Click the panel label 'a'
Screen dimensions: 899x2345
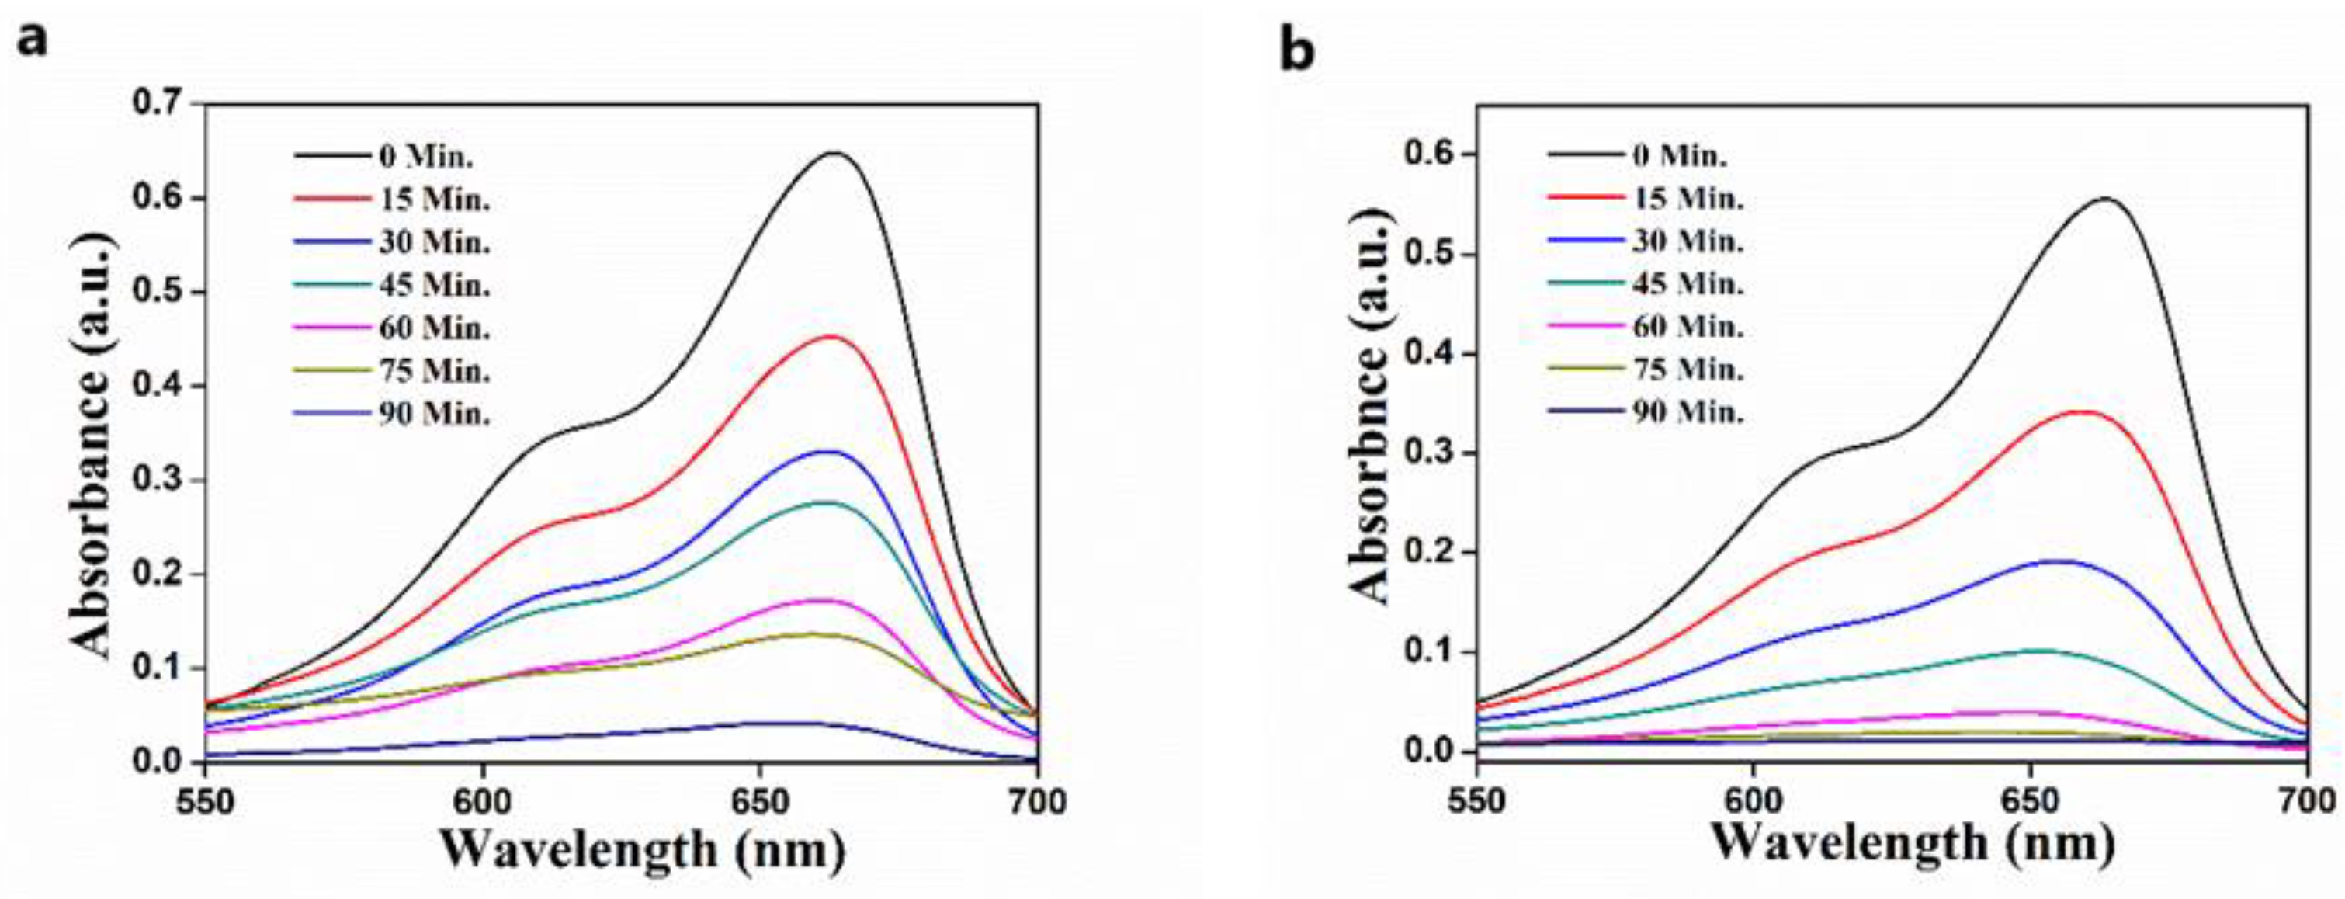(33, 41)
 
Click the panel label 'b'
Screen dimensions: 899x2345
(1297, 52)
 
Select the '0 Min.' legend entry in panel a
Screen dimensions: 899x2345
(426, 157)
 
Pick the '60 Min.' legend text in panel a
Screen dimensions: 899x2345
(434, 328)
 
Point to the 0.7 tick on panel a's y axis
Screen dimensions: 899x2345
(158, 104)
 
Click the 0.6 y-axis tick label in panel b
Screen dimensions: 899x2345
(1431, 154)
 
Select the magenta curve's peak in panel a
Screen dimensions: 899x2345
(825, 599)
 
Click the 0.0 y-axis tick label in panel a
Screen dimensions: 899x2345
(158, 762)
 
